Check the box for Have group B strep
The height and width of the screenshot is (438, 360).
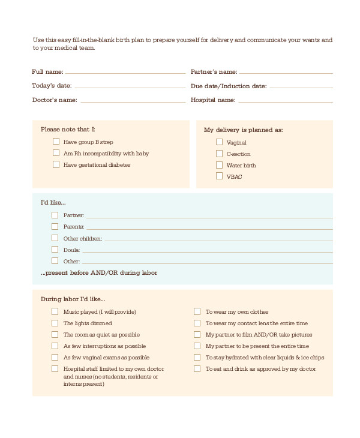tap(56, 142)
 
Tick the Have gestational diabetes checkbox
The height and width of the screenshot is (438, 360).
tap(56, 164)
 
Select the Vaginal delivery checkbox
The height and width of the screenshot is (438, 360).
tap(219, 142)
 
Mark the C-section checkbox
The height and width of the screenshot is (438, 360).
tap(219, 154)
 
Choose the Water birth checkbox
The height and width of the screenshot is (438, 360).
tap(219, 165)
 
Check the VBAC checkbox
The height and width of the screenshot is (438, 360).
tap(219, 176)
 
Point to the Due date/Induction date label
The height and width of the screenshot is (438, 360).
tap(229, 86)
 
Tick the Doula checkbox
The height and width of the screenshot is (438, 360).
tap(55, 249)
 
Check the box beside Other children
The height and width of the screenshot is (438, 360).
tap(55, 238)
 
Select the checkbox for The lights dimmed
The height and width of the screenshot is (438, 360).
tap(55, 323)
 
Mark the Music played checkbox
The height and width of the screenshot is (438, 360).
tap(55, 311)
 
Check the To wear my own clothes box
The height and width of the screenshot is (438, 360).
tap(197, 311)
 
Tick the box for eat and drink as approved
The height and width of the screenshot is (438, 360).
tap(197, 369)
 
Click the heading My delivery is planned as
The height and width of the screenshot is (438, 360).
tap(244, 130)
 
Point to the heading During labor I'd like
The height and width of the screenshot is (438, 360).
tap(73, 298)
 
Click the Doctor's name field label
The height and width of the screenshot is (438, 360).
tap(54, 100)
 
